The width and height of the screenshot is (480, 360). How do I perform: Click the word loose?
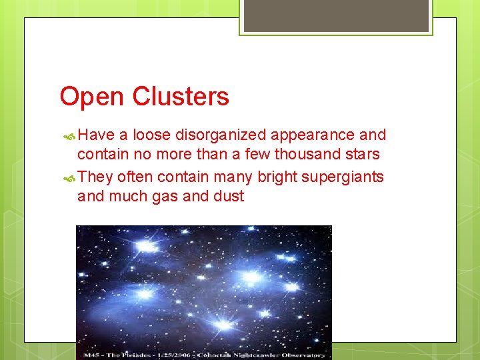[151, 135]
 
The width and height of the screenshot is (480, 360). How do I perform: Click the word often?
[135, 177]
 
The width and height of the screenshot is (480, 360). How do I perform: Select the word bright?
[275, 177]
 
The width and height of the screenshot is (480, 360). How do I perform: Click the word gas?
[171, 196]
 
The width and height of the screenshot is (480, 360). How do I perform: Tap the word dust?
[228, 196]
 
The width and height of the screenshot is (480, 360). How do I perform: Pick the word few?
[255, 155]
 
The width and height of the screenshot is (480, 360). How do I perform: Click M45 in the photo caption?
[90, 355]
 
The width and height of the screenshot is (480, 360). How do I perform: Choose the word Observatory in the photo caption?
[303, 355]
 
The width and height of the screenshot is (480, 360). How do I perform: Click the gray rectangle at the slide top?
[336, 15]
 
